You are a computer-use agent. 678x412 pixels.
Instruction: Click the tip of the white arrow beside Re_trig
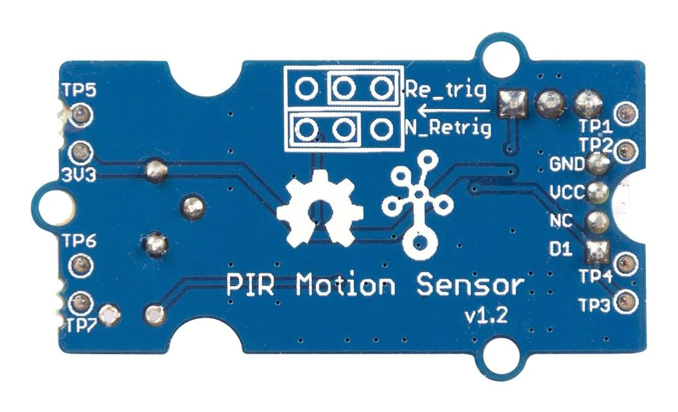coord(418,110)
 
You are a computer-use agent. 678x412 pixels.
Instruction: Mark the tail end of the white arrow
coord(492,110)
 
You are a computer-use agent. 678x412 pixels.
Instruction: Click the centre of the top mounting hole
coord(502,56)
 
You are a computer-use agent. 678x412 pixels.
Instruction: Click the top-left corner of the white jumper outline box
coord(284,66)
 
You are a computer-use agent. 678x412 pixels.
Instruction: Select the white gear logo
coord(320,208)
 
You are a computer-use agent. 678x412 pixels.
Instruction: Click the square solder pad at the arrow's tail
coord(513,104)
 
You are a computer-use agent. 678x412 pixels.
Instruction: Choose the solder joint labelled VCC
coord(597,193)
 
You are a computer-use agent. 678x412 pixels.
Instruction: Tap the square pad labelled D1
coord(597,251)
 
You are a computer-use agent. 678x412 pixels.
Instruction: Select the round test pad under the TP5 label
coord(79,114)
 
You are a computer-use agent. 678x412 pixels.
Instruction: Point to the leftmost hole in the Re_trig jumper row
coord(306,89)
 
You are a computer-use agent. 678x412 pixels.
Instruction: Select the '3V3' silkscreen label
coord(79,175)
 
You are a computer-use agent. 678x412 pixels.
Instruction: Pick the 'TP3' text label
coord(595,306)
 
